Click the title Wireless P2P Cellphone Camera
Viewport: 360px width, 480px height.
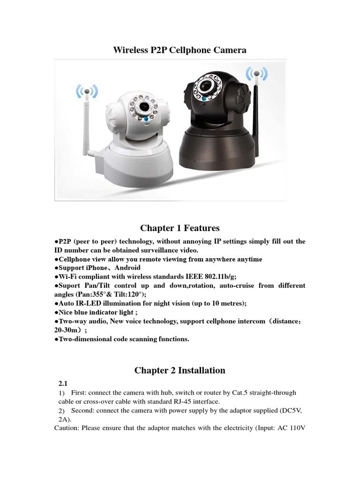[x=180, y=50]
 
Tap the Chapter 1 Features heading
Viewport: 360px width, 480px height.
[x=180, y=228]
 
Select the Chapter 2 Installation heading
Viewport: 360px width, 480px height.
[x=180, y=370]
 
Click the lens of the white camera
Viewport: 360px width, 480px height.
[x=152, y=107]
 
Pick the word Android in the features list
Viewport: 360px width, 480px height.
[x=125, y=268]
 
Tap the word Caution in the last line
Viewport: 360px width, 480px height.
[x=67, y=428]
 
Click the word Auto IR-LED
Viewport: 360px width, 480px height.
[x=78, y=303]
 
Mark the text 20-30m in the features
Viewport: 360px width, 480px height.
[x=69, y=330]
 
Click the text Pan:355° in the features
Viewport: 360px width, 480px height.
[x=90, y=294]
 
